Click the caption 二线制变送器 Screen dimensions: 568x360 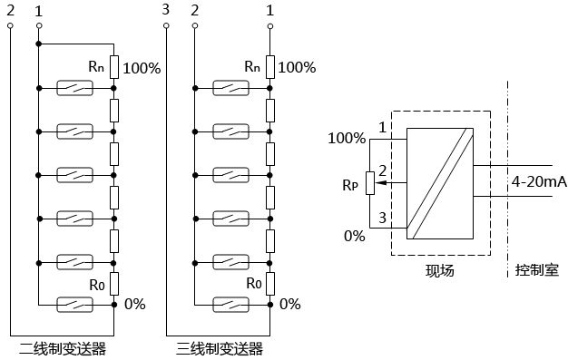pyautogui.click(x=63, y=349)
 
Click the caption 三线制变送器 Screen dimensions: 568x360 pyautogui.click(x=220, y=349)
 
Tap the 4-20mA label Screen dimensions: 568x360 pyautogui.click(x=539, y=181)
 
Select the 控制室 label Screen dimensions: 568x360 pyautogui.click(x=537, y=270)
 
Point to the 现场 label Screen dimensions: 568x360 pyautogui.click(x=440, y=270)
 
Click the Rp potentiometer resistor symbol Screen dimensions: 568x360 pyautogui.click(x=370, y=183)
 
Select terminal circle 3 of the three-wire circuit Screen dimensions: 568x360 pyautogui.click(x=166, y=25)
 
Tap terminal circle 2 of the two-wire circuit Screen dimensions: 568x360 pyautogui.click(x=10, y=25)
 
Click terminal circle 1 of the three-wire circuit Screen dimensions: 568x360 pyautogui.click(x=270, y=26)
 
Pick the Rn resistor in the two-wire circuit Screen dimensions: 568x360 pyautogui.click(x=114, y=67)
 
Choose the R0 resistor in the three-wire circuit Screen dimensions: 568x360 pyautogui.click(x=270, y=284)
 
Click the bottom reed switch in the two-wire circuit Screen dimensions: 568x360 pyautogui.click(x=74, y=305)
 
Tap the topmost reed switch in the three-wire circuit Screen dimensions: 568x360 pyautogui.click(x=230, y=88)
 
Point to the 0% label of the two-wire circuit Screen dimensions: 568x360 pyautogui.click(x=135, y=304)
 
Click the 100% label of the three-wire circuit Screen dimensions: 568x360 pyautogui.click(x=297, y=67)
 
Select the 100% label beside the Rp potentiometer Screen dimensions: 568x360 pyautogui.click(x=347, y=138)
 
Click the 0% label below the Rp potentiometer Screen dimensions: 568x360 pyautogui.click(x=354, y=236)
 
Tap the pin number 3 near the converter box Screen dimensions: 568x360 pyautogui.click(x=383, y=218)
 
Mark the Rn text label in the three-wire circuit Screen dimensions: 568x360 pyautogui.click(x=252, y=66)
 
